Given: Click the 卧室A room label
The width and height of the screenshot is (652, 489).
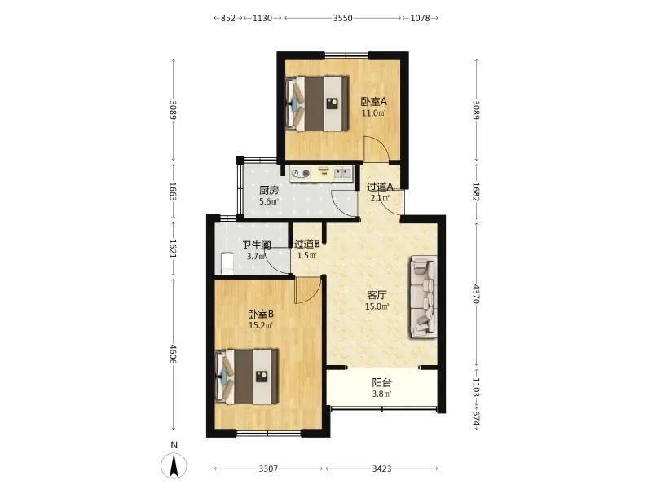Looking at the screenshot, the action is [x=373, y=101].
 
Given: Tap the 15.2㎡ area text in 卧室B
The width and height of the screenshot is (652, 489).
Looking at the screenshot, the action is [x=261, y=325].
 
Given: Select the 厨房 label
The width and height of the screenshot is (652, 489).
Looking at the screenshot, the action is [x=269, y=191].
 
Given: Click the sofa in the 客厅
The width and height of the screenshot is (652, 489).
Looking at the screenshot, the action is [x=424, y=297].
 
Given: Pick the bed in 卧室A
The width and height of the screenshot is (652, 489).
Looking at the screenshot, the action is [x=317, y=104].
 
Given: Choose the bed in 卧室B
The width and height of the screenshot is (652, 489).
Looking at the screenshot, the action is [x=247, y=377].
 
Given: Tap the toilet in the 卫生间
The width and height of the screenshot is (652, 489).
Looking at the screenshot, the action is [x=227, y=263].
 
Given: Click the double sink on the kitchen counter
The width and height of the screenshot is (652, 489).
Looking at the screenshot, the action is [x=342, y=173].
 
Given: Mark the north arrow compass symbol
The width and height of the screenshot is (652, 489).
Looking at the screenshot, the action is [x=174, y=465].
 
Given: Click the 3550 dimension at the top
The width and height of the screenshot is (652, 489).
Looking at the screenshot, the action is [x=342, y=18].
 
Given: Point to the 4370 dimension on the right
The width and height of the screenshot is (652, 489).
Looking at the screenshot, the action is [x=477, y=293].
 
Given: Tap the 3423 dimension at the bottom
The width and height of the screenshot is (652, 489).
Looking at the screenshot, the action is [x=381, y=469].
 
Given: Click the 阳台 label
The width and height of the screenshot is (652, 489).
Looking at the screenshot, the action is [x=381, y=382].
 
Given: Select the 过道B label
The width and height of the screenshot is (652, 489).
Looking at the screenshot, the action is [x=307, y=244].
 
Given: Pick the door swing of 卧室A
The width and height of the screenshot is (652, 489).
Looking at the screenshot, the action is [x=377, y=148].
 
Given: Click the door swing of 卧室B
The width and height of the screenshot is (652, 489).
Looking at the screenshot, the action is [x=309, y=291].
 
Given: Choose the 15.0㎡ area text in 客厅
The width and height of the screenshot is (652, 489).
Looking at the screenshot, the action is [x=377, y=307].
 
